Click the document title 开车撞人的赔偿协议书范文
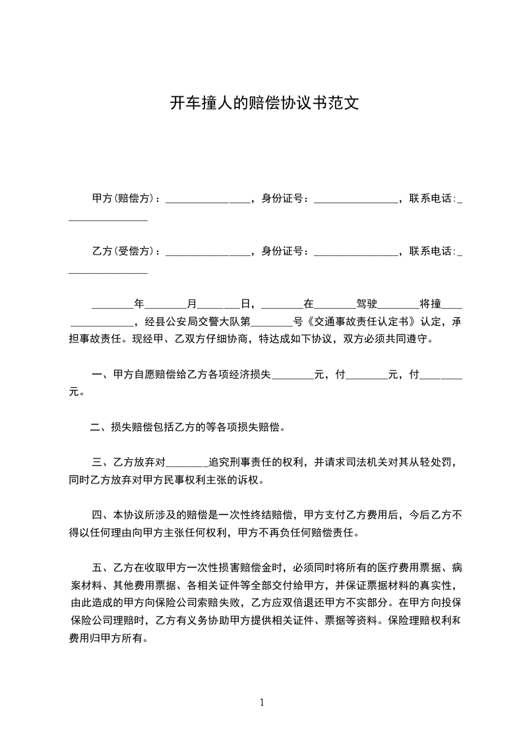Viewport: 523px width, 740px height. point(264,103)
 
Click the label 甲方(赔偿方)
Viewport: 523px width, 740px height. point(125,198)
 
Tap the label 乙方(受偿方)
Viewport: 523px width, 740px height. point(125,251)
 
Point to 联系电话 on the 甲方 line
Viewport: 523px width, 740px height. point(431,198)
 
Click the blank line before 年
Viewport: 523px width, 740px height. point(112,305)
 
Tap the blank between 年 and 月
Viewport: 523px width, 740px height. point(166,305)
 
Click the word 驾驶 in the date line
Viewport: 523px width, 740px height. point(367,304)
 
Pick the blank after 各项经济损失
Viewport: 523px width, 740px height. point(293,375)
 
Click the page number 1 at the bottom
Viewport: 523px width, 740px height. point(262,702)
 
